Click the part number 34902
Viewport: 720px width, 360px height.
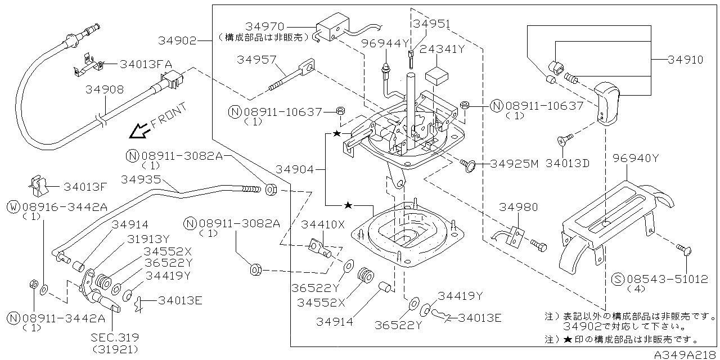tap(177, 40)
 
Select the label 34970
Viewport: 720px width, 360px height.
tap(265, 26)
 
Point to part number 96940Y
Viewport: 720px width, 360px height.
tap(636, 159)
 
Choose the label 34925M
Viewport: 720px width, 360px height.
tap(514, 164)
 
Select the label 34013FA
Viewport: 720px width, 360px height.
tap(146, 64)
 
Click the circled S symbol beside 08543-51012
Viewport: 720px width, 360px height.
tap(617, 278)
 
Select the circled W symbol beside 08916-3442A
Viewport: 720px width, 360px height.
tap(13, 207)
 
